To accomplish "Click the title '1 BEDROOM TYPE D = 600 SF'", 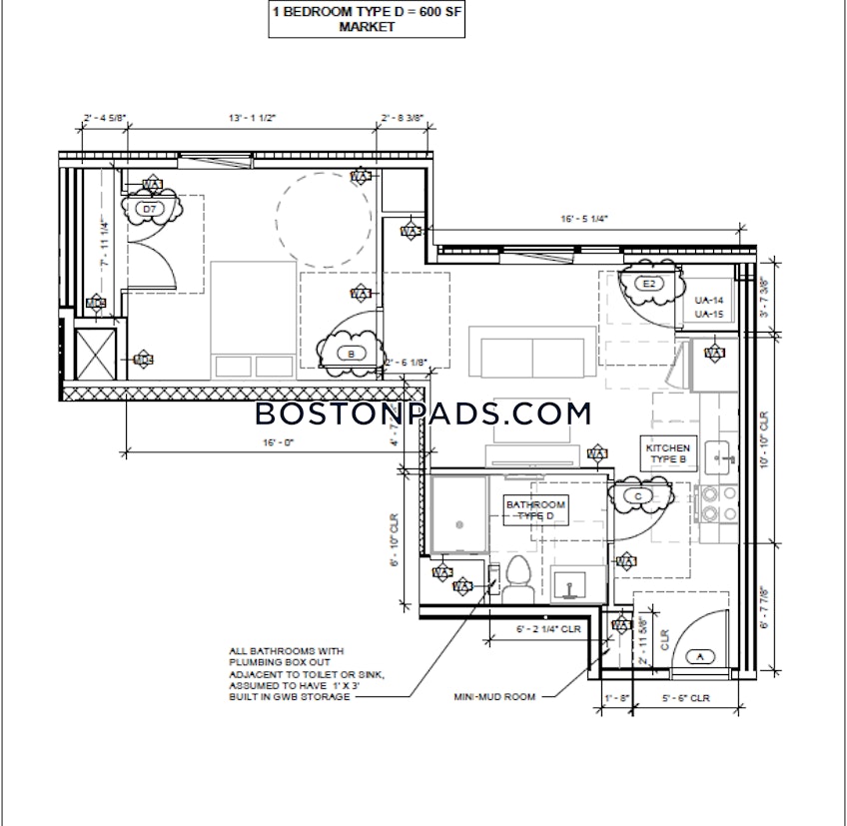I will coord(367,13).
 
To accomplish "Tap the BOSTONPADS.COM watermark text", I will coord(423,413).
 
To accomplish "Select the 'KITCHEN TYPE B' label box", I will coord(668,454).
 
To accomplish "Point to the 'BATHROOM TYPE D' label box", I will coord(535,510).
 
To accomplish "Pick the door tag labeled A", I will coord(699,656).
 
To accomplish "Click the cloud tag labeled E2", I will coord(648,285).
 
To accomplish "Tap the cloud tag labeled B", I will coord(351,352).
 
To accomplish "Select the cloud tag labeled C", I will coord(636,495).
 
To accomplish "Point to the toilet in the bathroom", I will coord(517,577).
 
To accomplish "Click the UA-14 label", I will coord(708,301).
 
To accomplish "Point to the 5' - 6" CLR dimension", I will coord(685,698).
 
